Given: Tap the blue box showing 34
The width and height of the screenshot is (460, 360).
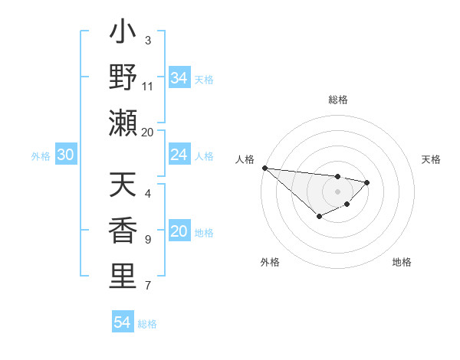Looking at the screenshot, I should (179, 78).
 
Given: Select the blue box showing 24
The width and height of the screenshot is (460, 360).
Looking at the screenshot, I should (179, 155).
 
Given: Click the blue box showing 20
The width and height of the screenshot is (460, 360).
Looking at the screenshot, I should (179, 232).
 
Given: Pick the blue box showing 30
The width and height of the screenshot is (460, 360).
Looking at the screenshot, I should (65, 155).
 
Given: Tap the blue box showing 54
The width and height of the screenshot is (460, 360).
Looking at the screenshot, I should (122, 323).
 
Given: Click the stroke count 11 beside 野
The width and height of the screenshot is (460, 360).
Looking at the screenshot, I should (148, 87).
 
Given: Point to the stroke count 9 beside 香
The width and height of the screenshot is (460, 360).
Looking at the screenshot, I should (147, 240).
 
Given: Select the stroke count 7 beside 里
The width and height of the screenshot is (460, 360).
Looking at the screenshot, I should (147, 286).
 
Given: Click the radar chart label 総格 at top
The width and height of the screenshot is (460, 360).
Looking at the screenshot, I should (337, 100).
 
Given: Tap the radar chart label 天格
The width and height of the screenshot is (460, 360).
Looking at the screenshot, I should (432, 159).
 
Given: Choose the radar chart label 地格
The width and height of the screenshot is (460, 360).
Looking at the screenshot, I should (402, 262).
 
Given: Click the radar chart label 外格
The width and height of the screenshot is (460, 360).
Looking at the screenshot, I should (270, 262).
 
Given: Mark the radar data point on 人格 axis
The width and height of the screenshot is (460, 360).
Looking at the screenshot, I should (264, 168).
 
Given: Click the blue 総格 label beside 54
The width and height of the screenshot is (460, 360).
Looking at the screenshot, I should (147, 324).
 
